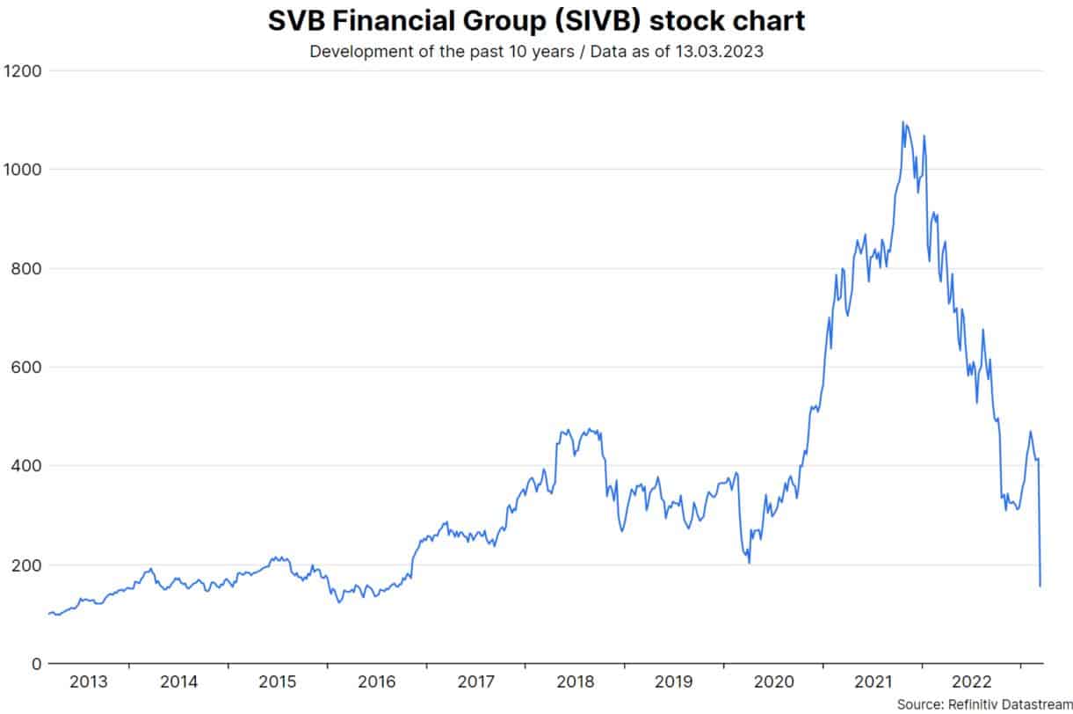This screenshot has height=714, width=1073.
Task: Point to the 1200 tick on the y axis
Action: (x=22, y=69)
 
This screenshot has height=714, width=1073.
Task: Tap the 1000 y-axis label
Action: (x=22, y=169)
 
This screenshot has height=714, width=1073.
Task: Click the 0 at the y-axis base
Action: (x=35, y=663)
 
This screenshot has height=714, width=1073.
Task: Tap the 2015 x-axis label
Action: (x=278, y=681)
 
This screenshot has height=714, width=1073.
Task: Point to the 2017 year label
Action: (x=476, y=681)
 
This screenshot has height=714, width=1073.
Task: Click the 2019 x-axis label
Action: (x=675, y=681)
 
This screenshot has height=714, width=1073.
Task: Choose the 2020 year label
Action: (x=774, y=681)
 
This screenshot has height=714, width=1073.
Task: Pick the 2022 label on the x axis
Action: (x=972, y=681)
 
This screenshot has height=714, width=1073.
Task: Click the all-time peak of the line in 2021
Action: (x=903, y=122)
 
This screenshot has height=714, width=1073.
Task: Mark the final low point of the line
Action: (x=1040, y=586)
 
